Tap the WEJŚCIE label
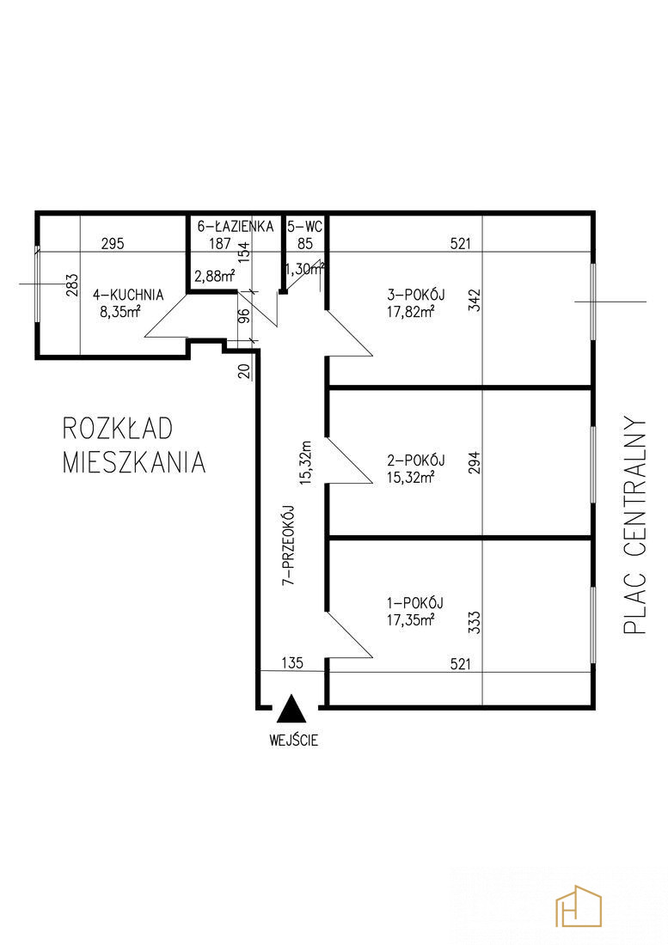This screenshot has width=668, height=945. [294, 740]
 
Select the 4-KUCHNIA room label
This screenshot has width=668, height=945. [128, 295]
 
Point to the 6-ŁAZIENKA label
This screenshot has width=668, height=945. [236, 227]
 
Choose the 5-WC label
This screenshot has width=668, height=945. [305, 227]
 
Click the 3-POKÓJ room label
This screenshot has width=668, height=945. [416, 295]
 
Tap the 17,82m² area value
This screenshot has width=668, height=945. [411, 311]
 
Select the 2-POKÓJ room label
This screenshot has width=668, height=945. [416, 460]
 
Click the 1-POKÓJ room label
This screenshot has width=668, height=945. [415, 603]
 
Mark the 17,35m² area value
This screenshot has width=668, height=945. [411, 619]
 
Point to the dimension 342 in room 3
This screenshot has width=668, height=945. [475, 300]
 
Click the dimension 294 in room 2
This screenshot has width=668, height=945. [475, 462]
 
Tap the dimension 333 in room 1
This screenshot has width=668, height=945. [475, 623]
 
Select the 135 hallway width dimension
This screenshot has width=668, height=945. [292, 663]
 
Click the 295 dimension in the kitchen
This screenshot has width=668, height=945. [113, 243]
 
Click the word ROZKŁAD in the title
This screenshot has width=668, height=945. [118, 429]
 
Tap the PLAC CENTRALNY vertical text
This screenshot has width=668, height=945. [635, 524]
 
